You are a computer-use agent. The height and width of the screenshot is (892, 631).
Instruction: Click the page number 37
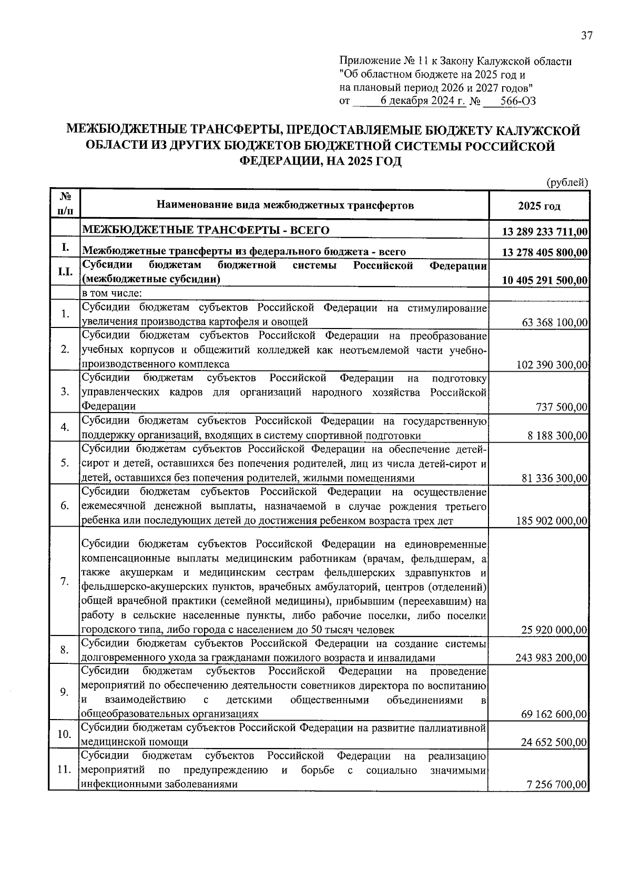pos(586,36)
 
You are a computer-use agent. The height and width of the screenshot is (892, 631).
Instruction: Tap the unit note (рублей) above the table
pos(567,182)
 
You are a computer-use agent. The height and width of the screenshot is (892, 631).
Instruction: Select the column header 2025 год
pos(539,206)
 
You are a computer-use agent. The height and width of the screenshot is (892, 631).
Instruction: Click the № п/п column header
pos(65,204)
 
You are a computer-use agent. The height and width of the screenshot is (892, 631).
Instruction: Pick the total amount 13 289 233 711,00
pos(545,232)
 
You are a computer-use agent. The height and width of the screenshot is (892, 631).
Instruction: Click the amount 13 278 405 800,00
pos(545,253)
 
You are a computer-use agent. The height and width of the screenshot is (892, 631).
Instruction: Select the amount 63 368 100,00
pos(555,322)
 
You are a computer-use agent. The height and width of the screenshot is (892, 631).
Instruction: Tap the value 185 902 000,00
pos(552,521)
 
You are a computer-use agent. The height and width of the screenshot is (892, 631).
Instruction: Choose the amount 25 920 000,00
pos(554,629)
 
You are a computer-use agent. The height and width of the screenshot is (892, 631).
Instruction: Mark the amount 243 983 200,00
pos(552,658)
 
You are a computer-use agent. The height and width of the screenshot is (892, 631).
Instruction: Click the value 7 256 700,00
pos(557,784)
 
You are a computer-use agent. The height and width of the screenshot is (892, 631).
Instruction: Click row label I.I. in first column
pos(65,273)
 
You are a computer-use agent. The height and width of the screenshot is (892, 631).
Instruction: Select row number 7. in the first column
pos(65,581)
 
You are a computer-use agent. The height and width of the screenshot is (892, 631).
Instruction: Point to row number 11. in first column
pos(64,770)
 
